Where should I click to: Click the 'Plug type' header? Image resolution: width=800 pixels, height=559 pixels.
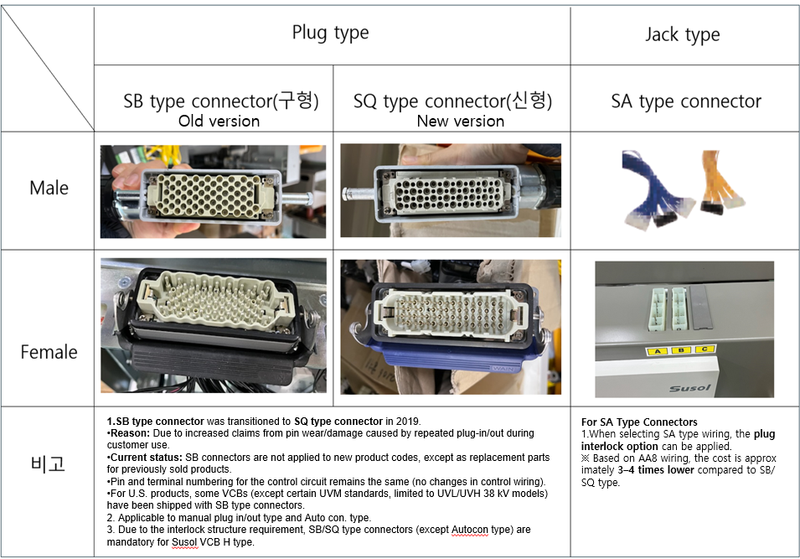330,33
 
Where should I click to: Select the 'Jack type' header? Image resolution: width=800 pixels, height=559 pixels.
682,34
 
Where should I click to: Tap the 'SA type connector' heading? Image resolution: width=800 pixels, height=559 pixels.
686,101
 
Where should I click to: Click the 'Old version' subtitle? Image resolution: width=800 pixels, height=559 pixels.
219,121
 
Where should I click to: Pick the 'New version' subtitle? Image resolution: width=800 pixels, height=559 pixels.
460,121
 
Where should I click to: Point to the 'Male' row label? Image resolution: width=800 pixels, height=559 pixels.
49,188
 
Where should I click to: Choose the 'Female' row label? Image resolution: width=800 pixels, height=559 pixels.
49,352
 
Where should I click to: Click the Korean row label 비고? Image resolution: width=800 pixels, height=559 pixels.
48,463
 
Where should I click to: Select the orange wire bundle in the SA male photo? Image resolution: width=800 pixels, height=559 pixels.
720,181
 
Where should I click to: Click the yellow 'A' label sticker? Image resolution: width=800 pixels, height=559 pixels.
658,351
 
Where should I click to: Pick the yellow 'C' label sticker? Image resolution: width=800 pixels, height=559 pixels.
705,349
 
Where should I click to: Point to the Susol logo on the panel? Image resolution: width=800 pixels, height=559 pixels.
689,389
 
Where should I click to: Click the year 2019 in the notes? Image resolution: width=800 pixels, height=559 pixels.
408,422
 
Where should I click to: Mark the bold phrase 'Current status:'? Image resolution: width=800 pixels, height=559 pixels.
147,458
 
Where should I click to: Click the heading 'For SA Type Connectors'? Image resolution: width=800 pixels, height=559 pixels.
639,422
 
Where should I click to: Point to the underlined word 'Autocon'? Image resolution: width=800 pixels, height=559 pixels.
470,530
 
